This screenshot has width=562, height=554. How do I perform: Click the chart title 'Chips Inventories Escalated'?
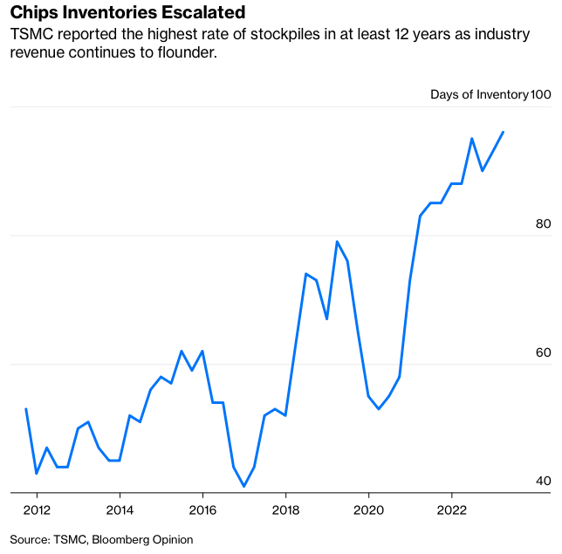[127, 13]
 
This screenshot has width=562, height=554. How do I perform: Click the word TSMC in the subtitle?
[31, 35]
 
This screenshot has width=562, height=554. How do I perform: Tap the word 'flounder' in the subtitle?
[183, 52]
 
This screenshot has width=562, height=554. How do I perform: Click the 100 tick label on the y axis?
[541, 94]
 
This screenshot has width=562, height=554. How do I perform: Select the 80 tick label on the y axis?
[543, 223]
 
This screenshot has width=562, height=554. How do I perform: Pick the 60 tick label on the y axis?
[543, 352]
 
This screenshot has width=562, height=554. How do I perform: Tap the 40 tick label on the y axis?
[543, 481]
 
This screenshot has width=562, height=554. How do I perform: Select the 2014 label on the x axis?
[120, 509]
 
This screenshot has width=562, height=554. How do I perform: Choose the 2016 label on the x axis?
[202, 509]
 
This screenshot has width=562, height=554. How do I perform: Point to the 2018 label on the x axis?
[285, 509]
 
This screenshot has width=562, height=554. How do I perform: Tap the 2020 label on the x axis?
[368, 509]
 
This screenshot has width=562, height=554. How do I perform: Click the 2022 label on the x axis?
[451, 509]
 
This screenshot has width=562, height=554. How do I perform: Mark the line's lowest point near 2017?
[244, 486]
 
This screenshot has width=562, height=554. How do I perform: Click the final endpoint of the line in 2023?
[503, 132]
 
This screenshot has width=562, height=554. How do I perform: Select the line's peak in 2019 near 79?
[337, 242]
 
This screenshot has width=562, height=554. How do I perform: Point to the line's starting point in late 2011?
[26, 408]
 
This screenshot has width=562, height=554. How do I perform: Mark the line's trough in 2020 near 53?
[379, 409]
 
